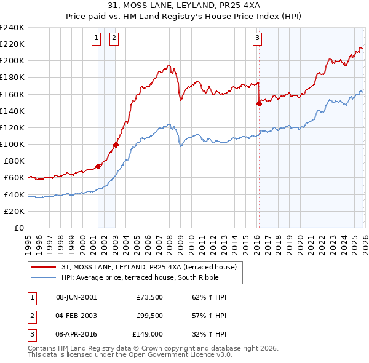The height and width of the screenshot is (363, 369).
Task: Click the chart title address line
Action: [184, 6]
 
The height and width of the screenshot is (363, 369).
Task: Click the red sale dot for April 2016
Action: [259, 103]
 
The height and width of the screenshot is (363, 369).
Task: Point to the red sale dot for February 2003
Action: [116, 145]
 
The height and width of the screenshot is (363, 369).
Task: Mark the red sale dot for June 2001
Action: [98, 166]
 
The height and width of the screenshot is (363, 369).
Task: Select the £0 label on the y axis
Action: [18, 228]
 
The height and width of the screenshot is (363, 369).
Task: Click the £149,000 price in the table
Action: [147, 335]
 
